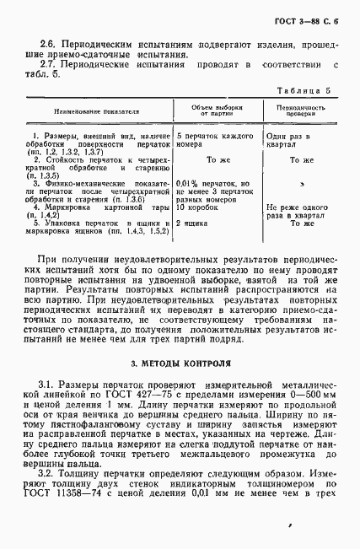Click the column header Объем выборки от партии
(216, 111)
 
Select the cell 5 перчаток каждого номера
(215, 139)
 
